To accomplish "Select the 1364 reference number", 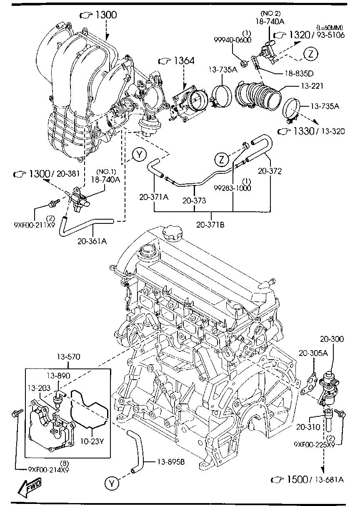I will point(183,61).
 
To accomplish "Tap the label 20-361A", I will point(92,240).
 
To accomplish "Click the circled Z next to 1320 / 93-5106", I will point(311,54).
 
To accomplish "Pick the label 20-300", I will point(332,339).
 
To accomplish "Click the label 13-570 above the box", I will point(68,357).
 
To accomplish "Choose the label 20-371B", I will point(211,225).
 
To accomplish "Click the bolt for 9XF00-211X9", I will point(53,203).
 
